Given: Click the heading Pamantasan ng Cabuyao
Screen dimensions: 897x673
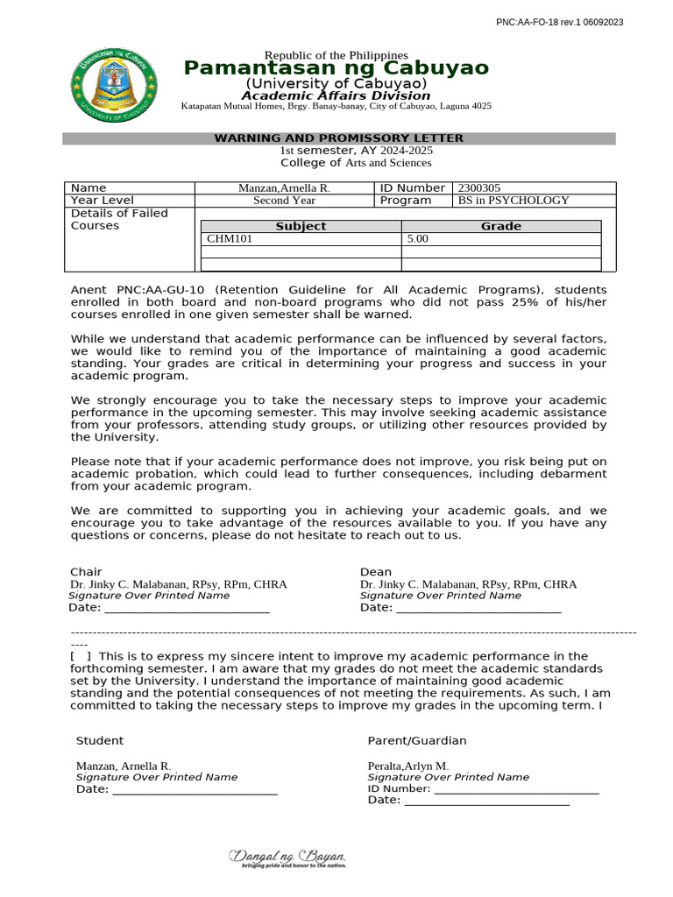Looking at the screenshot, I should [336, 69].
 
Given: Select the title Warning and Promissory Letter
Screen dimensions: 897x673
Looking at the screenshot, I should [339, 138].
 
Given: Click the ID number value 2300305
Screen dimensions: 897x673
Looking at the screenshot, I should [479, 187].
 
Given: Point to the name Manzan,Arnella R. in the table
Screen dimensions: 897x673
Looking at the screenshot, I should [285, 187].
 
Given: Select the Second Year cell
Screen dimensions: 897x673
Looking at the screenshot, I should [285, 200].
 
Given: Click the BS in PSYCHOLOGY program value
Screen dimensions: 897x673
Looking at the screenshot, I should [514, 200].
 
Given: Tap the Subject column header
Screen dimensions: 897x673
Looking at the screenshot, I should [301, 226].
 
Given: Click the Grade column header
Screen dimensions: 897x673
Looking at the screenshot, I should [500, 226].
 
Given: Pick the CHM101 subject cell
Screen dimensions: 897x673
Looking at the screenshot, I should [230, 238].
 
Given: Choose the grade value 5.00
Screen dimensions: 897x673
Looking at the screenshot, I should [418, 238].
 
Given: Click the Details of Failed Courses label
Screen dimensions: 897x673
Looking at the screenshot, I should [119, 219].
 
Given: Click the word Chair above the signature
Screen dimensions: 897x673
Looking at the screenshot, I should [86, 572].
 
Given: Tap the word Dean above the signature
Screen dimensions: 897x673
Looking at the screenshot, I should [376, 572].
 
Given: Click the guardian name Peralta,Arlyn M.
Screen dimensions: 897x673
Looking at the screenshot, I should [407, 766].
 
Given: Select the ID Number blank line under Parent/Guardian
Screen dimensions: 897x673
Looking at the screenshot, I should [516, 788].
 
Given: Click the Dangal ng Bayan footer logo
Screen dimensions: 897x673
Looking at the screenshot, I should [287, 858].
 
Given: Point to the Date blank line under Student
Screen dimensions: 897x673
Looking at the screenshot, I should [195, 789].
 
